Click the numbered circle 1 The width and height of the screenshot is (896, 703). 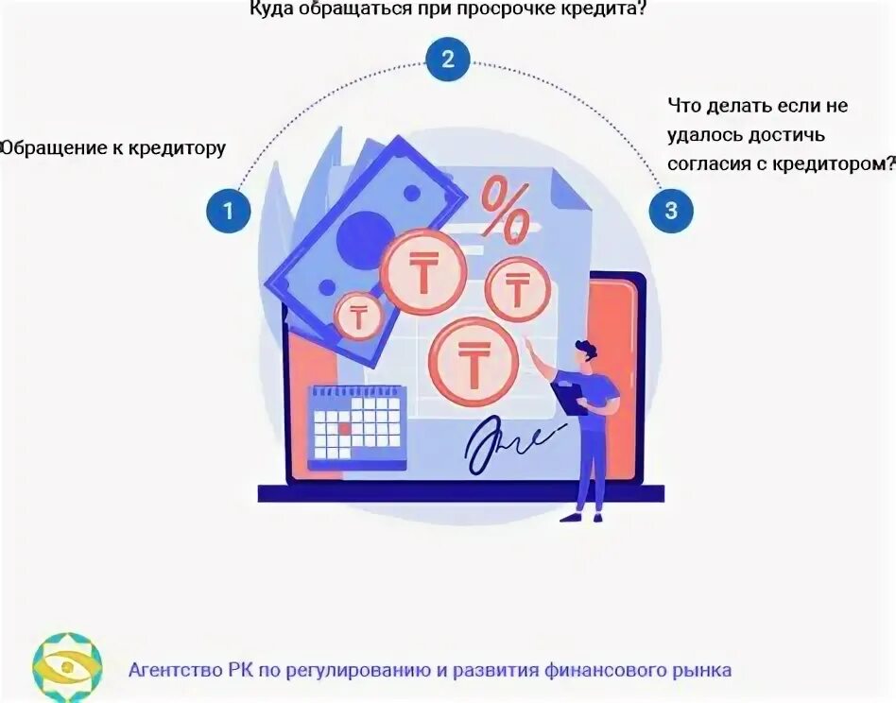(228, 210)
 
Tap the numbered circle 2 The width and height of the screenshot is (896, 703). (448, 60)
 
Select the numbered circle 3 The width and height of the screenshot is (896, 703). (671, 210)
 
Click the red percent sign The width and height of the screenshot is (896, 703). (506, 209)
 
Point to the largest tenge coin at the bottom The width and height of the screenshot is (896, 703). (472, 361)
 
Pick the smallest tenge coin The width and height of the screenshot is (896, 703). (358, 316)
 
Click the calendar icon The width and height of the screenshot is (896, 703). (357, 426)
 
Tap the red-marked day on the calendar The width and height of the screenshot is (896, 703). (345, 428)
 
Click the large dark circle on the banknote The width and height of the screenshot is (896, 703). (365, 237)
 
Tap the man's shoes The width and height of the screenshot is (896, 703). (581, 516)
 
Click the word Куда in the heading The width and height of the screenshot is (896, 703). (271, 9)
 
